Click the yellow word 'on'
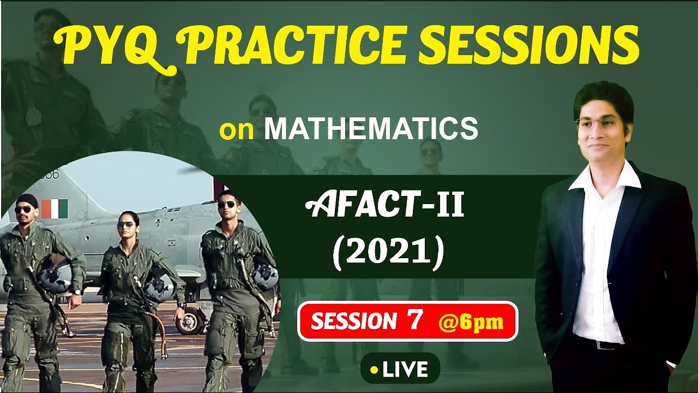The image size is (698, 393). coord(237,130)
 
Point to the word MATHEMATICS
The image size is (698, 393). coord(371,129)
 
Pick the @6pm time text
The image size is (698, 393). coord(471,322)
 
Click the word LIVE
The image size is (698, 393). coord(405,370)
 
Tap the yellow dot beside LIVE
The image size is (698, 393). coord(374,370)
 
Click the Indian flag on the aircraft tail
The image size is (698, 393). coord(55,209)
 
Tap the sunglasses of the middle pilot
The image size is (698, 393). coord(125,224)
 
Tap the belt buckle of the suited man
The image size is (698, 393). coord(600,345)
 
